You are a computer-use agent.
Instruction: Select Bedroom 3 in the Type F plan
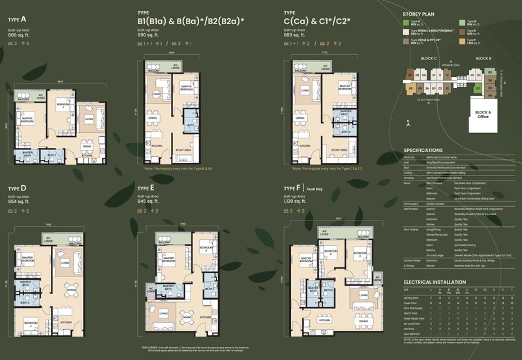click(x=358, y=254)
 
